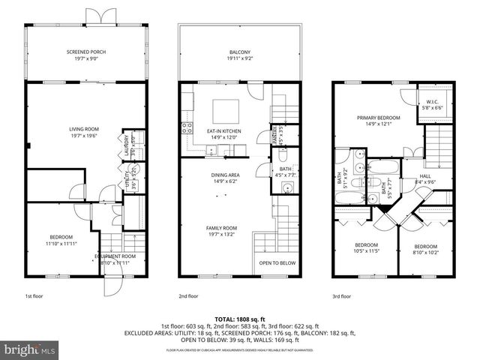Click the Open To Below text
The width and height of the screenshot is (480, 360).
coord(277,263)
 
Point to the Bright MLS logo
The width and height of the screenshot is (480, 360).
coord(30,349)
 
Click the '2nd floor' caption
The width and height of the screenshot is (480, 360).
coord(188,296)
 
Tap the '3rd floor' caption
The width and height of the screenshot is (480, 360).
coord(341,296)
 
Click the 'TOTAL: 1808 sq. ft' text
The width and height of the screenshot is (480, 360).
coord(239,319)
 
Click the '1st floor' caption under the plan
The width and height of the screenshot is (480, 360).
coord(34,296)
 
